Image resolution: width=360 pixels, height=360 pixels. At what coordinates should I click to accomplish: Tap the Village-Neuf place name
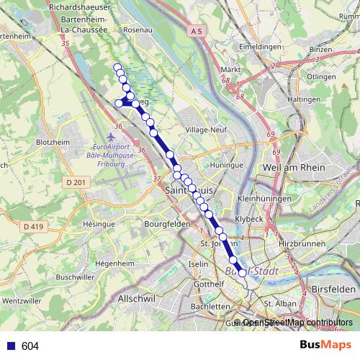[206, 130]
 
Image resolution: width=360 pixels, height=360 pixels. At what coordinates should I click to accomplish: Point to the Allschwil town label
[137, 297]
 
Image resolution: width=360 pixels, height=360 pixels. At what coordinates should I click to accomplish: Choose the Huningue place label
[227, 165]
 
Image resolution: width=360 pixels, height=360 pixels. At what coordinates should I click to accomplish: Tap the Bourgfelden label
[167, 224]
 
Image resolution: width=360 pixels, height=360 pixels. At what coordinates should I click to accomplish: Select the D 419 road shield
[32, 226]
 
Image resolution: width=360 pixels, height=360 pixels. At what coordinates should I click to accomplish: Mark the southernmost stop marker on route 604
[242, 273]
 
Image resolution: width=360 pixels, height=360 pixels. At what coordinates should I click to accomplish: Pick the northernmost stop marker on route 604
[117, 68]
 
